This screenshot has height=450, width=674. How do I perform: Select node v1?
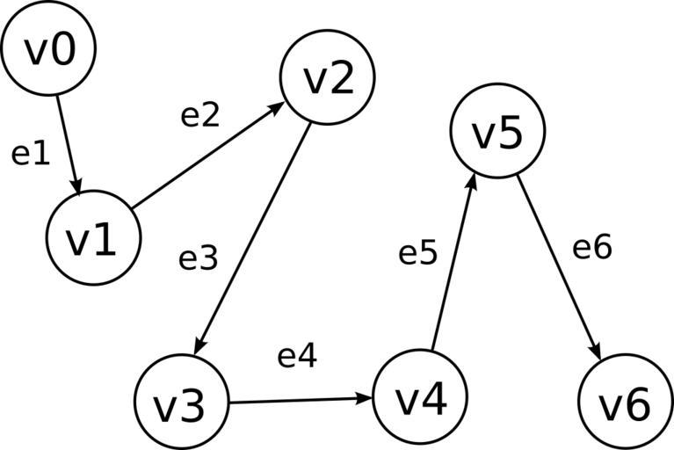click(93, 239)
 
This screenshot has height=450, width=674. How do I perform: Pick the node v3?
click(182, 403)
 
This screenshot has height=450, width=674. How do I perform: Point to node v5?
click(497, 131)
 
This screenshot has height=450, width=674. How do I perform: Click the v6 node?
click(625, 403)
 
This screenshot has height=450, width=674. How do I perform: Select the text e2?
click(199, 115)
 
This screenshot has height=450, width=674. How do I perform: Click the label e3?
click(199, 258)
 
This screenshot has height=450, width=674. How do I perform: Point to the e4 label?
click(297, 356)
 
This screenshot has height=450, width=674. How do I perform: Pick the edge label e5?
click(418, 253)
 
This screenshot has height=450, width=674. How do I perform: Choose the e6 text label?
click(592, 248)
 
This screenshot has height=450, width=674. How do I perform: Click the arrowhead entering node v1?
click(78, 186)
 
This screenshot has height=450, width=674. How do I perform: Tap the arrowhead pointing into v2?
click(277, 106)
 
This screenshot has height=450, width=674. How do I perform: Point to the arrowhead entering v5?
click(472, 181)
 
